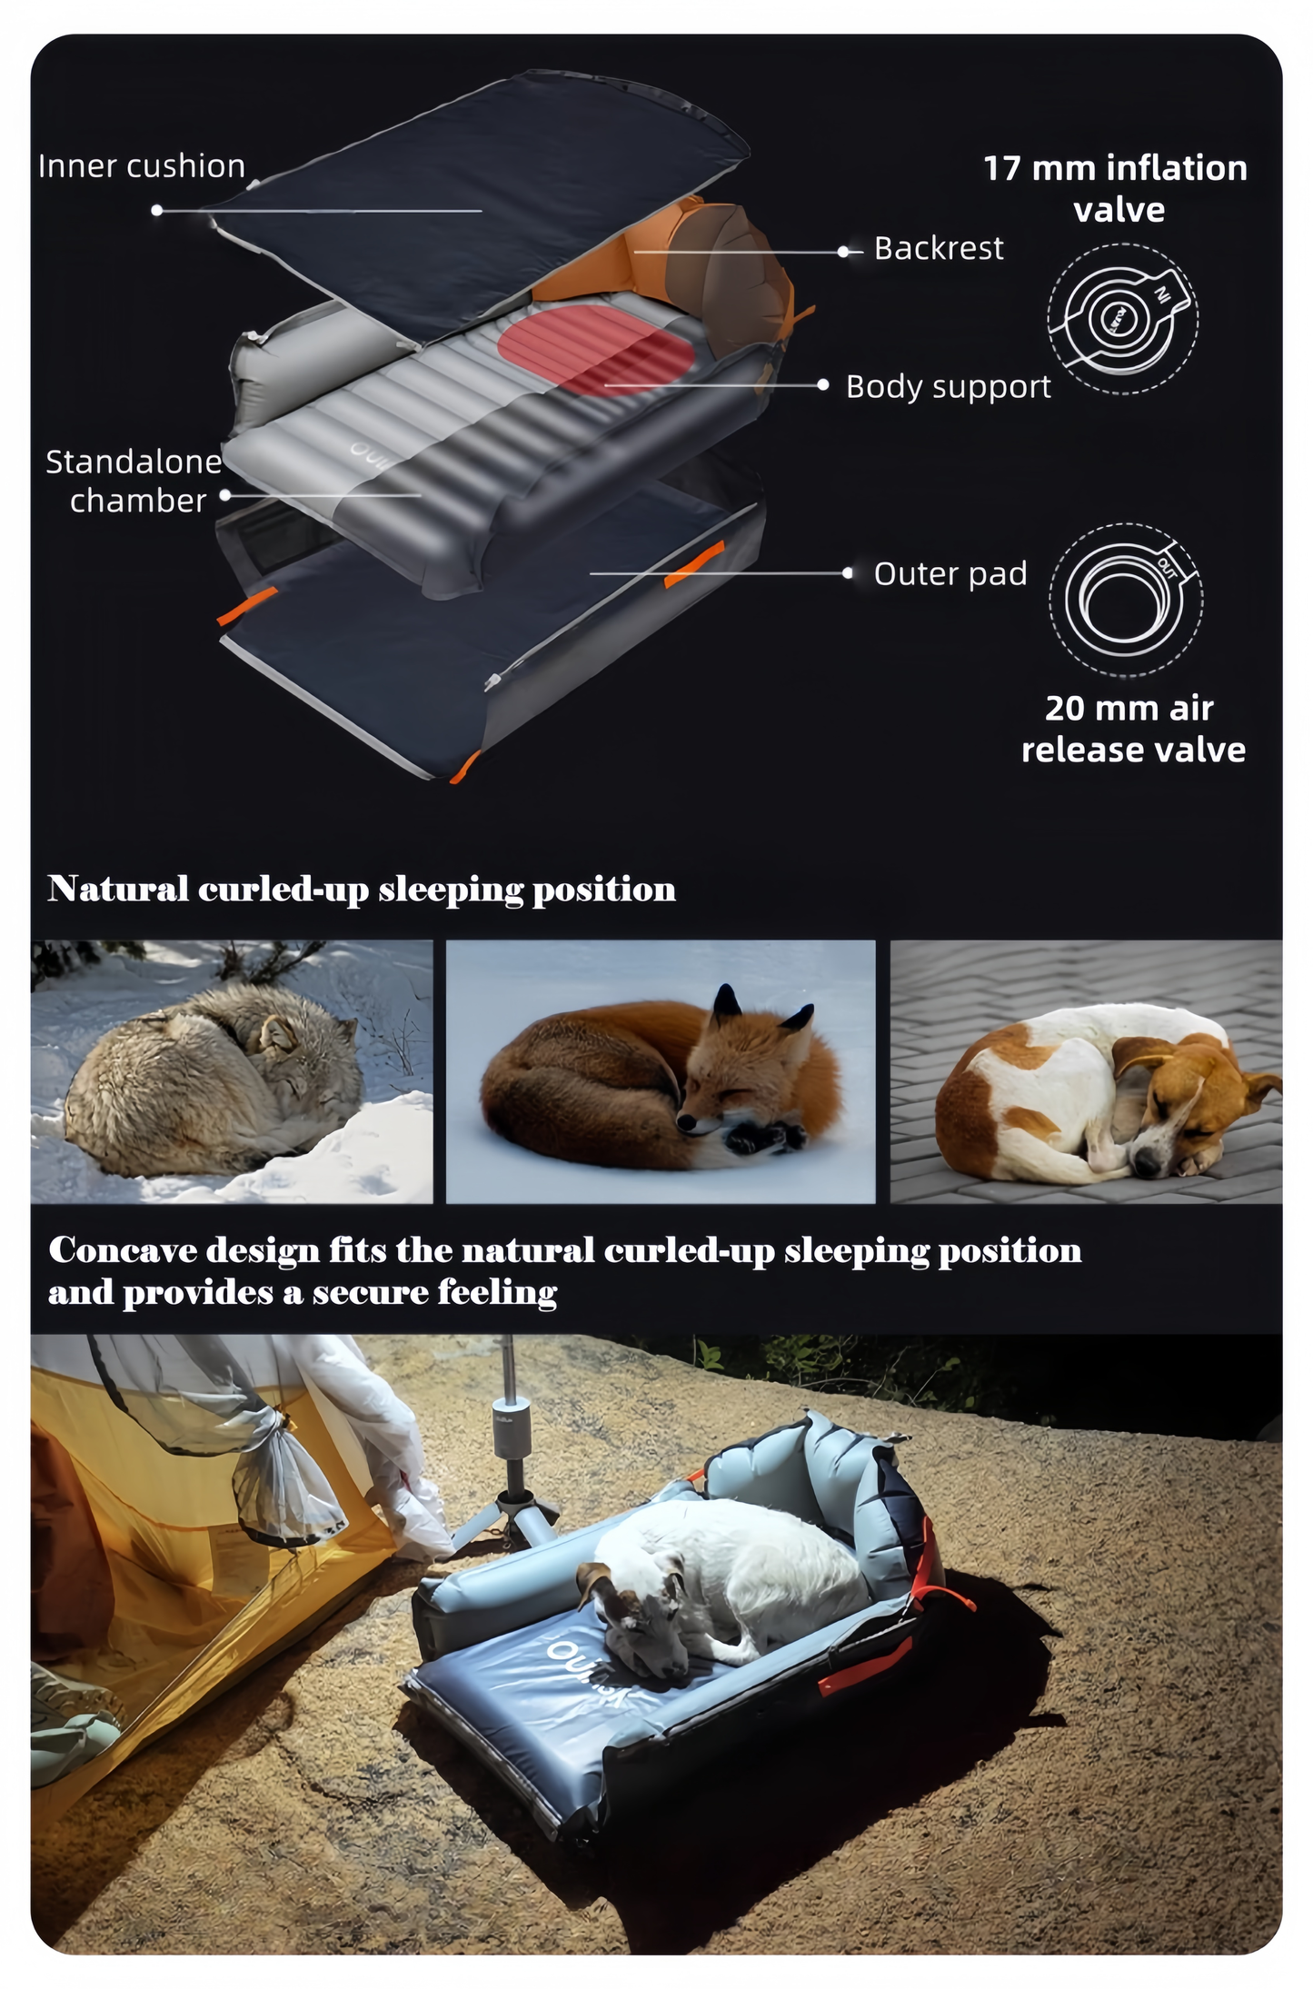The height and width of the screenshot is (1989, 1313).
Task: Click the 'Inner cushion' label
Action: (142, 166)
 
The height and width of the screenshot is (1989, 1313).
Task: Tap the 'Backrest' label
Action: (938, 248)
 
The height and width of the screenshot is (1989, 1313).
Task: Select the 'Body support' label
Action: (948, 386)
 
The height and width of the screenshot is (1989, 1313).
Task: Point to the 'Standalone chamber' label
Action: (134, 481)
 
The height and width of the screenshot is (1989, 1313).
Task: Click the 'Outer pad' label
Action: (950, 573)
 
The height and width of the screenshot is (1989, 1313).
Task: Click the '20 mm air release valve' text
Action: (1132, 728)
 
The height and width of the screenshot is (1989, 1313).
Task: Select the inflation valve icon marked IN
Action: (1122, 318)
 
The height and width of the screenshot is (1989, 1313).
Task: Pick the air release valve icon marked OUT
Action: (1126, 599)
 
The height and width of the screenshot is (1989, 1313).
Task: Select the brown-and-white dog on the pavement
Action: (1090, 1090)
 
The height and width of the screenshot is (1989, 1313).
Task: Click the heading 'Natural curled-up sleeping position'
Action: (362, 889)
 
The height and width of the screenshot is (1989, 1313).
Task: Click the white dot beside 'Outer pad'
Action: (847, 573)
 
